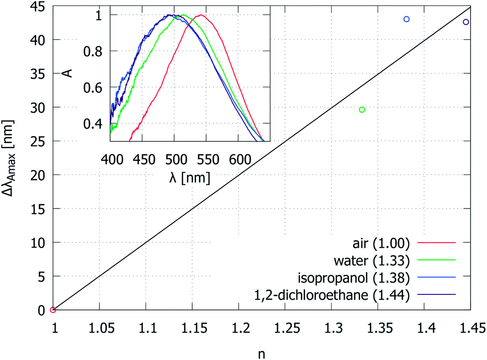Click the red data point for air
[x=53, y=310]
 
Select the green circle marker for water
[x=362, y=110]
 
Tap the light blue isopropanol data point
[x=407, y=19]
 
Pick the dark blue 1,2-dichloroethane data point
[x=466, y=22]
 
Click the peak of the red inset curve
[x=200, y=15]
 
